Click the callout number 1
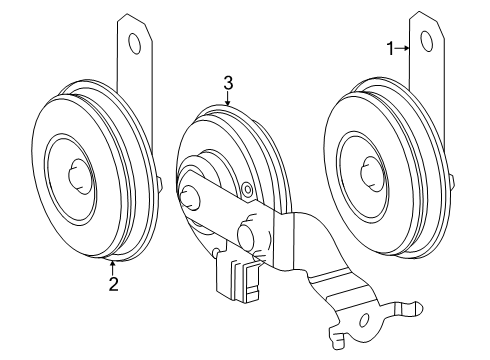(x=391, y=46)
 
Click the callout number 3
(x=228, y=84)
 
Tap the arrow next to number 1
(x=405, y=46)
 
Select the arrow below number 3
(x=228, y=100)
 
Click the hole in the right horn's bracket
(x=426, y=42)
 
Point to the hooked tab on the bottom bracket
(x=409, y=307)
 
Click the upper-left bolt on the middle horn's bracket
(x=190, y=195)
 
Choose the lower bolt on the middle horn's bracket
(x=244, y=239)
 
